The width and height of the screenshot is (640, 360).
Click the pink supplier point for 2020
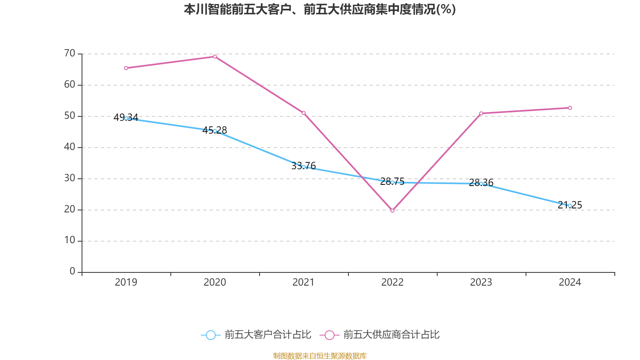coord(215,56)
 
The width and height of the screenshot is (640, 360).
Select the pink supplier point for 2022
coord(392,210)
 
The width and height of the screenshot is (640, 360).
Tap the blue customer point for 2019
coord(126,118)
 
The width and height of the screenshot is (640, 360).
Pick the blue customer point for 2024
coord(570,206)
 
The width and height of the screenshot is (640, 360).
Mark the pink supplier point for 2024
coord(570,108)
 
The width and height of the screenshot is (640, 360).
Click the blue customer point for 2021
coord(304,167)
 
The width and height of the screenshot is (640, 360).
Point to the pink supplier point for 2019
coord(126,68)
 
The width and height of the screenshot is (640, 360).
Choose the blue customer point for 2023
coord(481,184)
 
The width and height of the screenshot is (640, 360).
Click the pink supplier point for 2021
coord(304,113)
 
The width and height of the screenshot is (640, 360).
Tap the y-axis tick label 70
coord(70,53)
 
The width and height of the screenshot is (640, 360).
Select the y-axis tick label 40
coord(70,147)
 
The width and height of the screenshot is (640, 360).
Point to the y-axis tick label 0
coord(72,272)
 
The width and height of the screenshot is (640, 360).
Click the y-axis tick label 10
coord(70,240)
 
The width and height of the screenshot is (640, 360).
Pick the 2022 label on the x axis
coord(392,282)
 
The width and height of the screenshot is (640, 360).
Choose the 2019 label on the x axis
coord(126,282)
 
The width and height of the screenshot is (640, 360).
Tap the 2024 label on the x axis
coord(570,282)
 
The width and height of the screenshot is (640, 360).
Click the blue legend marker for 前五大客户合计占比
coord(210,335)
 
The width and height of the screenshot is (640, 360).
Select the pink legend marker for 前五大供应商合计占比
coord(329,335)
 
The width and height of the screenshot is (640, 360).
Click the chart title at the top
coord(320,9)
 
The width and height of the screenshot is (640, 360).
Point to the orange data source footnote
coord(320,356)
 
